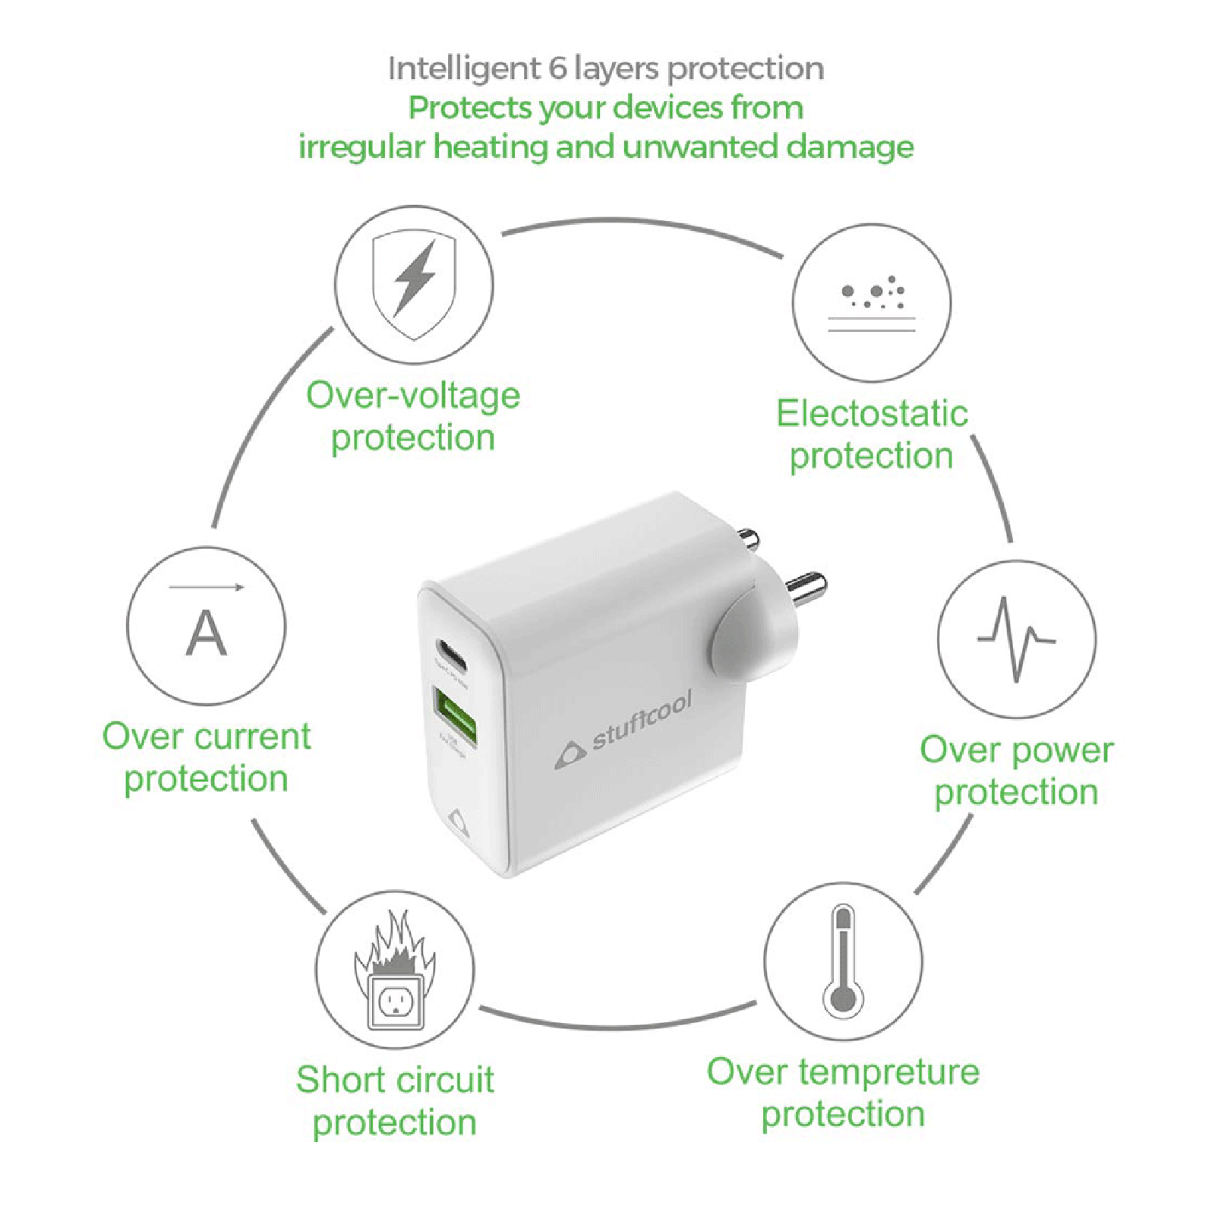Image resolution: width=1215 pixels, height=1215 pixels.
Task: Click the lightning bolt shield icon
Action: pyautogui.click(x=414, y=285)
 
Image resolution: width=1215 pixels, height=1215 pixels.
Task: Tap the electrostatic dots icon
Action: pyautogui.click(x=872, y=302)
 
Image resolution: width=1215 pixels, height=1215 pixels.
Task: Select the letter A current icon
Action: pyautogui.click(x=206, y=627)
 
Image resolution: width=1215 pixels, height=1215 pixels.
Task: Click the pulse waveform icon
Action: pyautogui.click(x=1016, y=639)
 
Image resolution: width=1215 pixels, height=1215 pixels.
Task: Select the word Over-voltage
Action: pyautogui.click(x=413, y=396)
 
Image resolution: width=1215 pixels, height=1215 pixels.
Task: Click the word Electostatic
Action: pyautogui.click(x=872, y=414)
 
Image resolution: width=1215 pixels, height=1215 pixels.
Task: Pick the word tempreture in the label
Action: pyautogui.click(x=889, y=1073)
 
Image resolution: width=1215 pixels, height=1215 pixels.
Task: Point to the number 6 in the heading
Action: pyautogui.click(x=558, y=69)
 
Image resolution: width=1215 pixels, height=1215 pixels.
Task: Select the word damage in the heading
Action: pyautogui.click(x=850, y=147)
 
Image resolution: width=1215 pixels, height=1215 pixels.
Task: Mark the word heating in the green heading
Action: pyautogui.click(x=491, y=147)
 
